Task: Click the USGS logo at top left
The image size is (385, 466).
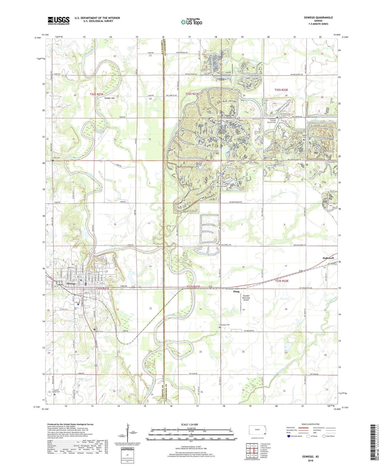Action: (x=59, y=21)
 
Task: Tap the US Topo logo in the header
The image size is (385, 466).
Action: (x=191, y=22)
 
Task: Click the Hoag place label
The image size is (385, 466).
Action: (x=236, y=291)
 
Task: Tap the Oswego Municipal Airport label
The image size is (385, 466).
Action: (x=246, y=298)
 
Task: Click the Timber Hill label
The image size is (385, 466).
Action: (x=109, y=98)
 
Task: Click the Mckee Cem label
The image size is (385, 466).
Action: (x=304, y=137)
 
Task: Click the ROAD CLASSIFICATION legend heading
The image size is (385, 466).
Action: (x=311, y=424)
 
